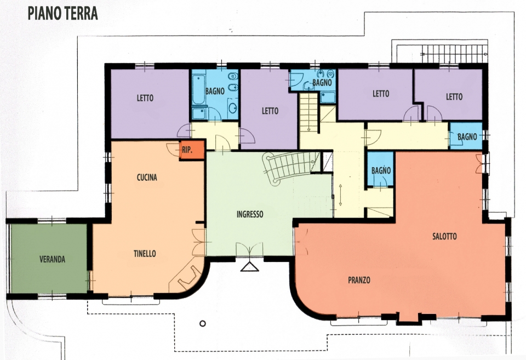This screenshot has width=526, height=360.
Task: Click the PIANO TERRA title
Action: tap(62, 13)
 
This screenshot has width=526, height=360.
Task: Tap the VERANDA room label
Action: tap(53, 259)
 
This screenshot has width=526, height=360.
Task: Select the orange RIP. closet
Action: tap(192, 150)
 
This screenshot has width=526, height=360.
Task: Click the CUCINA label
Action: tap(147, 177)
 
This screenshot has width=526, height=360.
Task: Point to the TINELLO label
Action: tap(145, 254)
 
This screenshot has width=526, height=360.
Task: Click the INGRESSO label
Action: tap(250, 214)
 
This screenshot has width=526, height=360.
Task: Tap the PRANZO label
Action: tap(359, 280)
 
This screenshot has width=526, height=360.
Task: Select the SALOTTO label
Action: tap(444, 237)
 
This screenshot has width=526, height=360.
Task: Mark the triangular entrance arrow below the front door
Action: tap(250, 267)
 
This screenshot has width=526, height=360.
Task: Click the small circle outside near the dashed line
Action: tap(202, 323)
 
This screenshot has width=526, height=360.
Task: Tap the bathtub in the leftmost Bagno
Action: tap(198, 89)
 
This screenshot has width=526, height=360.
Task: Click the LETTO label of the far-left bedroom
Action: tap(145, 98)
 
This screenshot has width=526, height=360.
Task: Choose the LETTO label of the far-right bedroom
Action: tap(454, 97)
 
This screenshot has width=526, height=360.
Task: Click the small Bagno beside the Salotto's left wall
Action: tap(381, 169)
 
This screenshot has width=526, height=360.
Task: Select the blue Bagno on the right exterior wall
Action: tap(466, 136)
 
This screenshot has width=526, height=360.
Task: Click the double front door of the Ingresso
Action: tap(250, 250)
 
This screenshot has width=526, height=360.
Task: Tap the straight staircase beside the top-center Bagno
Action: tap(308, 113)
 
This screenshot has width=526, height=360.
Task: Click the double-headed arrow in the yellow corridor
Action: tap(340, 195)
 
